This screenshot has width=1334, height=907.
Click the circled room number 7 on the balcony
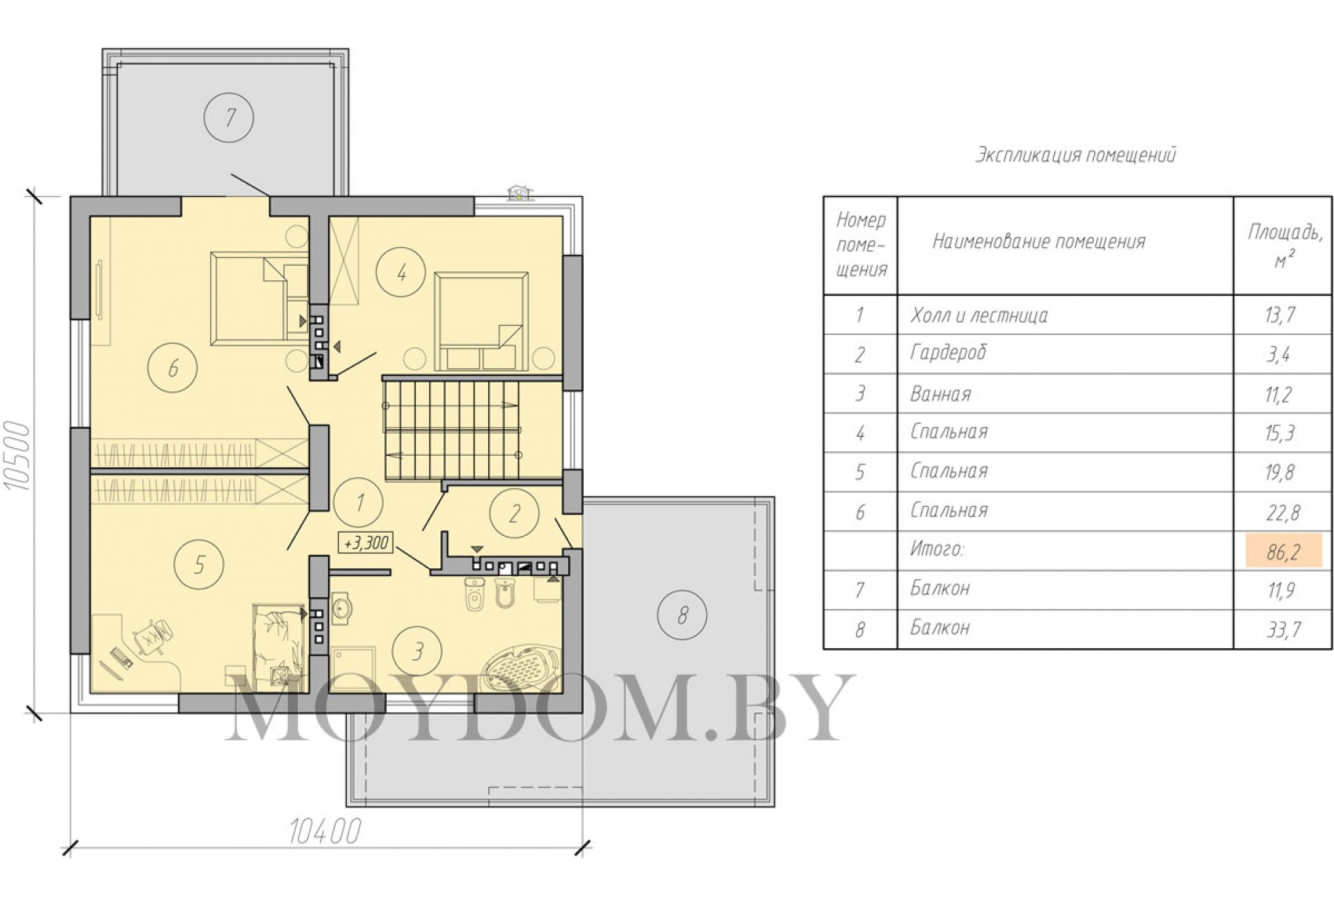pyautogui.click(x=228, y=118)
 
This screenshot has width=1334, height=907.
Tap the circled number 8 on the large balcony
pyautogui.click(x=682, y=615)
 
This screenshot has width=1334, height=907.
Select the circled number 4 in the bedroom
pyautogui.click(x=401, y=272)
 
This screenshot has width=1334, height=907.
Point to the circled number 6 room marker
pyautogui.click(x=173, y=367)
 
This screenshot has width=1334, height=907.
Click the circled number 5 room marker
pyautogui.click(x=199, y=564)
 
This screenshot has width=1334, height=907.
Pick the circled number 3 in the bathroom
pyautogui.click(x=417, y=651)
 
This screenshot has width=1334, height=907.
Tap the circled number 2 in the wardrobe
pyautogui.click(x=514, y=513)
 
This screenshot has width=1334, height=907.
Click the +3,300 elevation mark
pyautogui.click(x=366, y=542)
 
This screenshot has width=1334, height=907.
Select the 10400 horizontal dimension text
pyautogui.click(x=325, y=832)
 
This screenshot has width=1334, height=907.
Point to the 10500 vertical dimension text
pyautogui.click(x=17, y=456)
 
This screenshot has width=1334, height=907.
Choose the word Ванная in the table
pyautogui.click(x=940, y=394)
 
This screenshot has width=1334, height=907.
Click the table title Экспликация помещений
pyautogui.click(x=1076, y=155)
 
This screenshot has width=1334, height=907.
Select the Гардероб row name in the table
pyautogui.click(x=948, y=352)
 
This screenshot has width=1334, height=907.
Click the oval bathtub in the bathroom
pyautogui.click(x=520, y=668)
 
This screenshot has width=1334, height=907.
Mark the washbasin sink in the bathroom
pyautogui.click(x=341, y=608)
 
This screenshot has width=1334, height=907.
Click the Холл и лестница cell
pyautogui.click(x=979, y=315)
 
